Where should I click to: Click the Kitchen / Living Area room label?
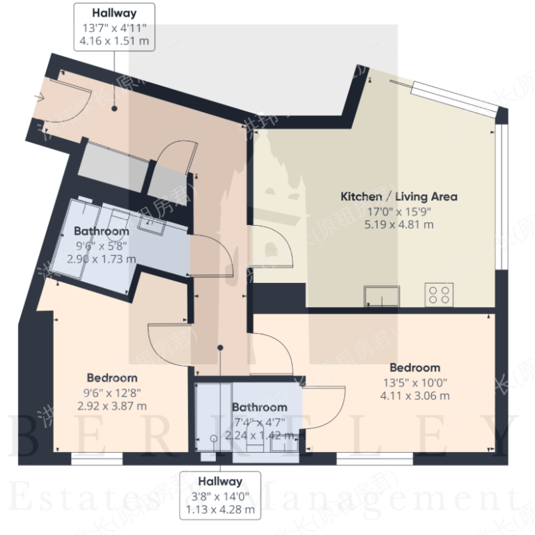[398, 196]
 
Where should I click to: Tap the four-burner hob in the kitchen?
[440, 294]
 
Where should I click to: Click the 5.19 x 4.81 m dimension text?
[398, 224]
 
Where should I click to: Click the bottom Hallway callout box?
[219, 495]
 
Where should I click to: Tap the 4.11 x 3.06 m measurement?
[414, 396]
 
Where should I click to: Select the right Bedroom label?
[414, 367]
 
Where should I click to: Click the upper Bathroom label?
[102, 231]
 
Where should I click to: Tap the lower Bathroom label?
[259, 407]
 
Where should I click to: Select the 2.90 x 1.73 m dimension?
[102, 258]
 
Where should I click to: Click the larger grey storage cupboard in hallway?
[113, 163]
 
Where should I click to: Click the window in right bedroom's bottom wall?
[373, 459]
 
